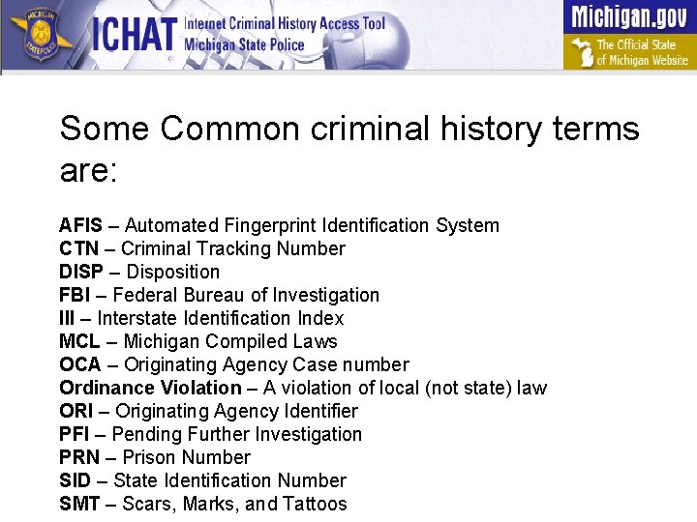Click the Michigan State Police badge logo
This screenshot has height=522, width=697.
click(40, 36)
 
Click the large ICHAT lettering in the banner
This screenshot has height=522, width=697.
click(135, 36)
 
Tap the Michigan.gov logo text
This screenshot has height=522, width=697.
click(629, 16)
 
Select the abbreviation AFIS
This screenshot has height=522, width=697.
click(80, 225)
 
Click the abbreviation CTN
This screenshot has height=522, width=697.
click(78, 248)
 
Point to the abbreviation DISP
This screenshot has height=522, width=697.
click(80, 272)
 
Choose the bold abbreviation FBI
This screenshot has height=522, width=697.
click(74, 295)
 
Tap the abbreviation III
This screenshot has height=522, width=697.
click(66, 318)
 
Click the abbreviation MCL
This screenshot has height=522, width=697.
click(79, 341)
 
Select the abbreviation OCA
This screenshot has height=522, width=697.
click(79, 364)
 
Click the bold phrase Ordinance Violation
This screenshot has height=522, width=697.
click(150, 388)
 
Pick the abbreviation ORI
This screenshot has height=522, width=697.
click(76, 411)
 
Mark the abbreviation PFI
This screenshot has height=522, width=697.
click(75, 434)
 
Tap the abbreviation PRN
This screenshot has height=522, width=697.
click(77, 457)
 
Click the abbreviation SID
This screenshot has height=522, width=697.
click(75, 480)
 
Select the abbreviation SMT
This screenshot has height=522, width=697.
click(78, 504)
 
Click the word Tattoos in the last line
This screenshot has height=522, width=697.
click(315, 504)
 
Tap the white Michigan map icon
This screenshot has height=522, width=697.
click(581, 50)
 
